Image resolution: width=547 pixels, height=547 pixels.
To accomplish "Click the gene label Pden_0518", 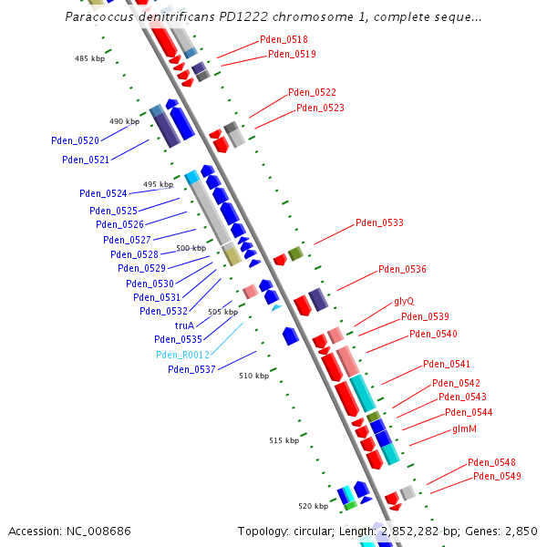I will pos(284,40).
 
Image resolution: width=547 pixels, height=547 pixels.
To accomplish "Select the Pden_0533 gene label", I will pos(379,222).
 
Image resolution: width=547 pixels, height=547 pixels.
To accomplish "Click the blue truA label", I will pos(184,325).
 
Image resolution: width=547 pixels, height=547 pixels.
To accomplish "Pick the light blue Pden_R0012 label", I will pos(182,355).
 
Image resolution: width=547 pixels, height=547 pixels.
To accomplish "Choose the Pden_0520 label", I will pos(76,141).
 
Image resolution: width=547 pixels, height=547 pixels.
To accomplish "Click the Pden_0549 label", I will pos(497,477).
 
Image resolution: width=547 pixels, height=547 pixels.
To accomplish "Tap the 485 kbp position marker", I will pos(89,58).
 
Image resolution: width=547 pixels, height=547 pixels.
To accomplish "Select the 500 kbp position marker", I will pos(191,248).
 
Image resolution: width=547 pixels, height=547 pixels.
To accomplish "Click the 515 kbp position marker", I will pos(284,440).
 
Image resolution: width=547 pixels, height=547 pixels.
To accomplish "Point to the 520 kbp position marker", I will pos(313,506).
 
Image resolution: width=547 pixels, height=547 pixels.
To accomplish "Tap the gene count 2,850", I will pos(521,531).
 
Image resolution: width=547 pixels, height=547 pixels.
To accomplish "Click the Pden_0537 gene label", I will pos(191,369).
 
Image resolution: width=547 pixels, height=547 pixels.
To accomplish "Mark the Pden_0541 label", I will pos(447,365).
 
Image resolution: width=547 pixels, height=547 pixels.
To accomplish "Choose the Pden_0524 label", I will pos(103,193).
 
